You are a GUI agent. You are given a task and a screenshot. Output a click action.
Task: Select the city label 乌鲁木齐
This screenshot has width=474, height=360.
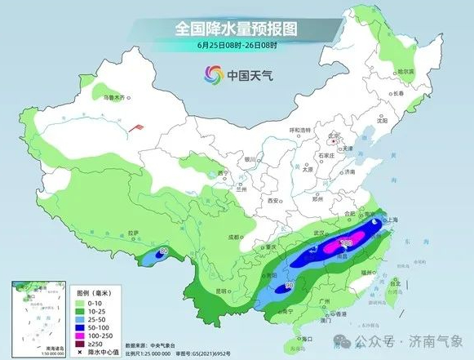tap(116, 98)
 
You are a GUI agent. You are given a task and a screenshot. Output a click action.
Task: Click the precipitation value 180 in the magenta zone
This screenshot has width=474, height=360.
tap(345, 242)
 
